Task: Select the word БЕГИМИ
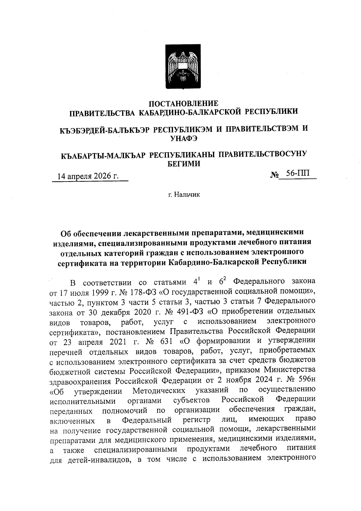click(x=184, y=164)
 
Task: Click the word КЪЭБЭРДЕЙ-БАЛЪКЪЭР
click(x=105, y=130)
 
